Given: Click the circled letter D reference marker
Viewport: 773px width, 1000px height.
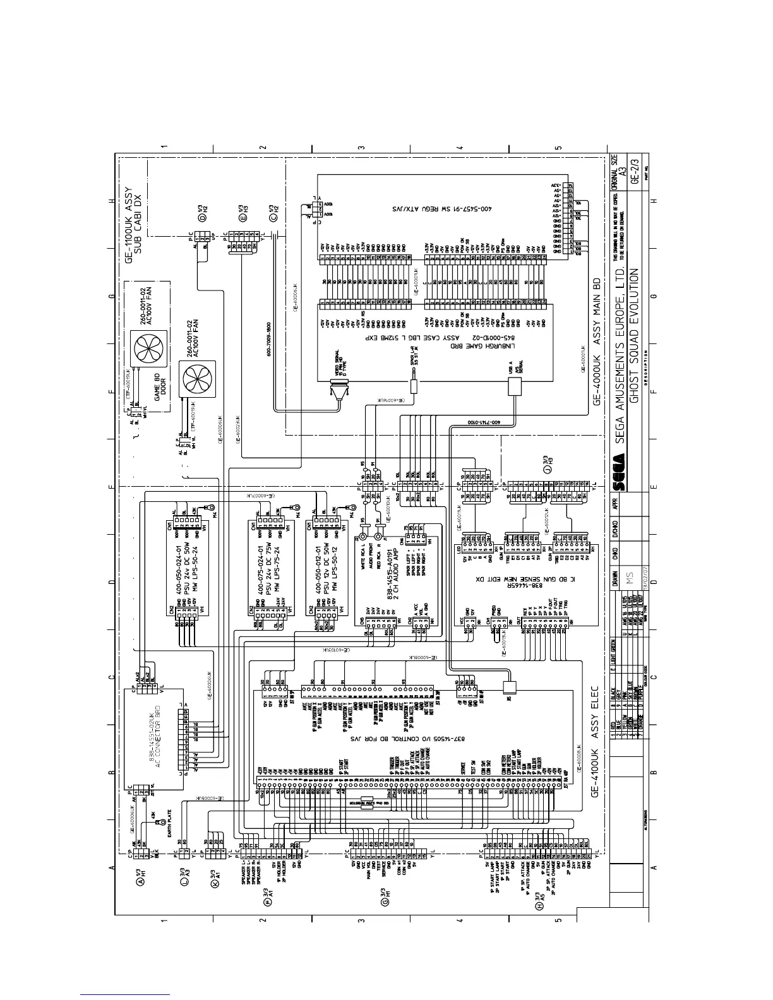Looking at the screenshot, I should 203,218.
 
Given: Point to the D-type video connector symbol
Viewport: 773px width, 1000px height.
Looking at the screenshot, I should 338,396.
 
